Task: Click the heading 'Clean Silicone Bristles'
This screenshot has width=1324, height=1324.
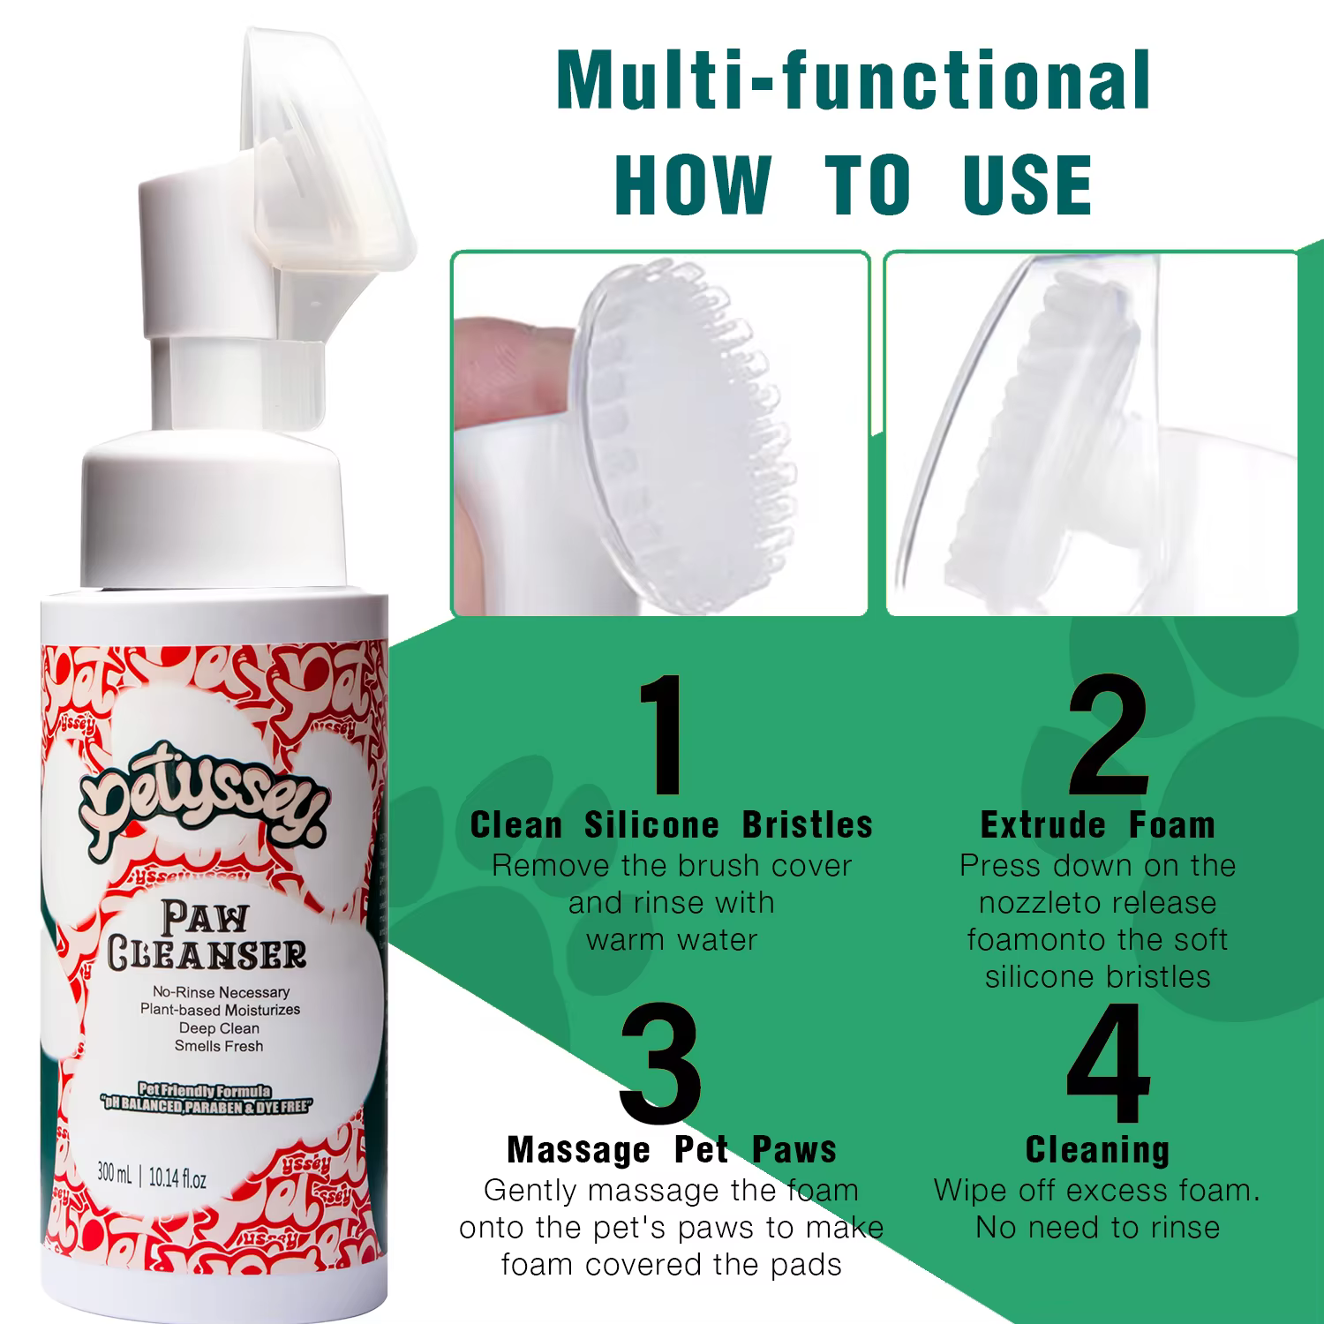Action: (671, 825)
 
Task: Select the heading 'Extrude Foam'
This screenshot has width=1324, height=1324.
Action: (1098, 825)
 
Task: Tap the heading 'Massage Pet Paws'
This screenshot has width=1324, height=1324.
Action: (672, 1150)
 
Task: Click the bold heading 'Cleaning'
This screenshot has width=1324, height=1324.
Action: (1098, 1150)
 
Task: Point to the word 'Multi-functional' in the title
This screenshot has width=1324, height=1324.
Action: (854, 81)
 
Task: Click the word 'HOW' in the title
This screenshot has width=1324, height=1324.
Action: (693, 184)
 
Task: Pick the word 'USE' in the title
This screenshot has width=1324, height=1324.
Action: (1028, 184)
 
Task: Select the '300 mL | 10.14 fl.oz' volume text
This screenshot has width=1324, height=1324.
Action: (152, 1177)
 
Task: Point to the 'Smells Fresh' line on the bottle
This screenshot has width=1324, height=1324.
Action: (219, 1046)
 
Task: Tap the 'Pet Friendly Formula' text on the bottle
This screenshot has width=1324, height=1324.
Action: (204, 1092)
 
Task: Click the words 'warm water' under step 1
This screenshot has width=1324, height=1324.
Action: (672, 940)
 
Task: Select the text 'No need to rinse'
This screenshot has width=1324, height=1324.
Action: (1098, 1228)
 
